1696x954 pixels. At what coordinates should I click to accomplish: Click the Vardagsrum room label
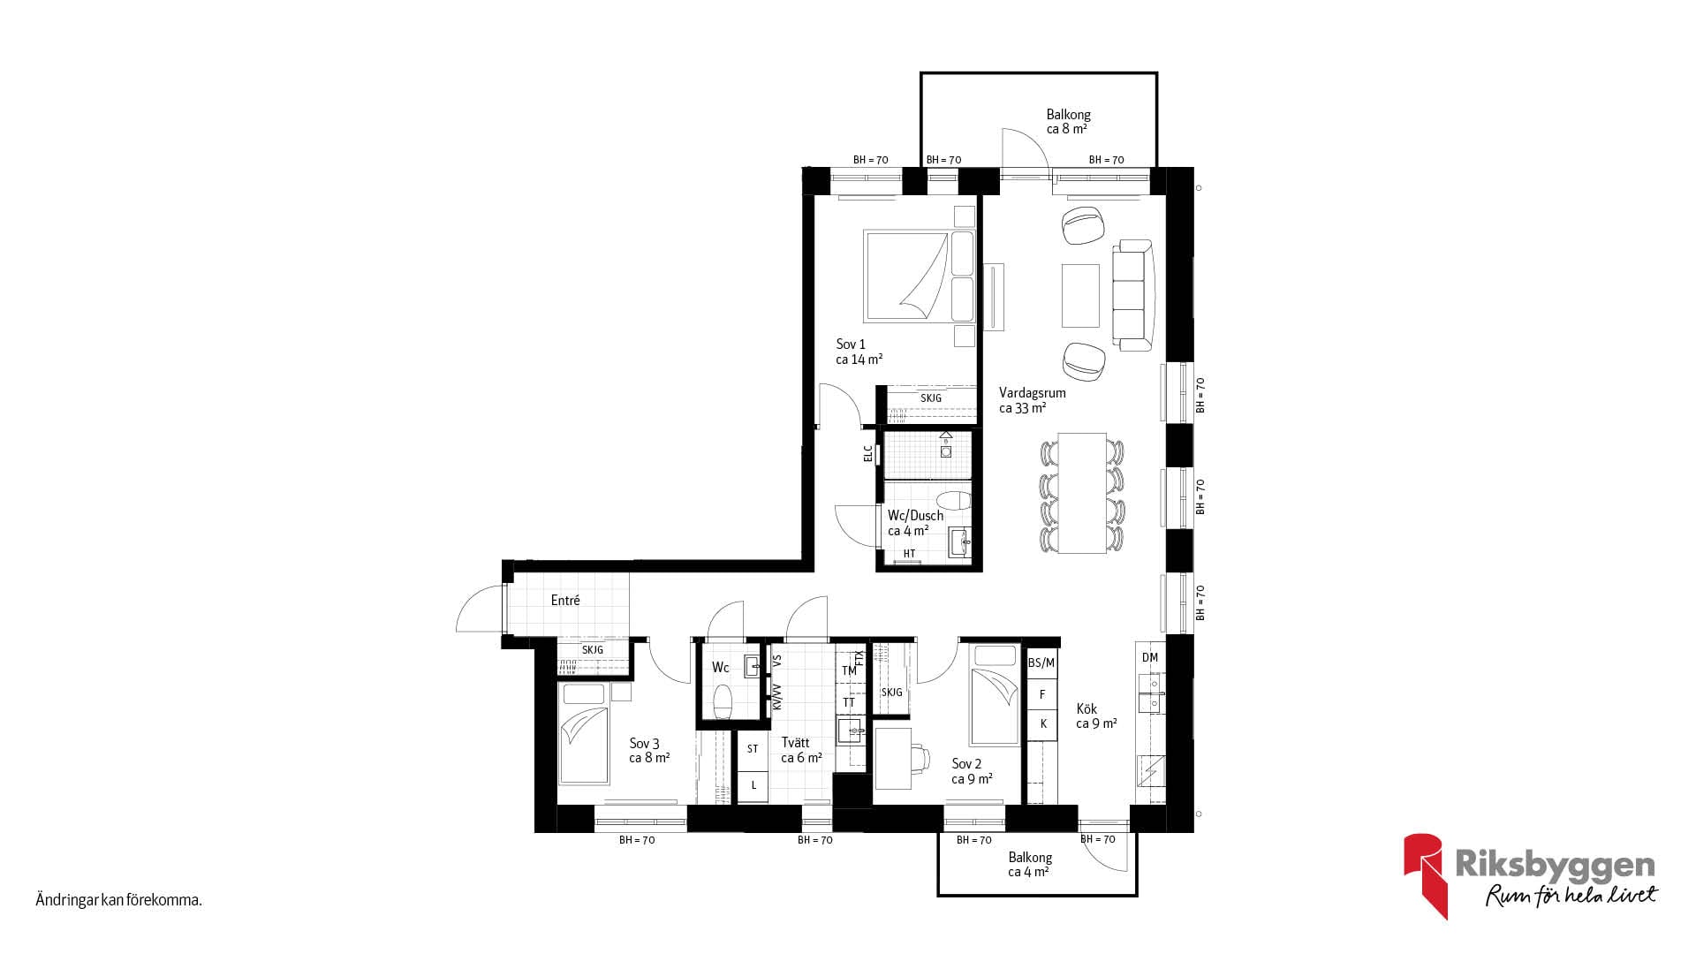pos(1032,400)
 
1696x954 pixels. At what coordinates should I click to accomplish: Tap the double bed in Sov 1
pos(919,276)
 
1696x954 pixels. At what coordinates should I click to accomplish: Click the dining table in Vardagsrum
pos(1082,493)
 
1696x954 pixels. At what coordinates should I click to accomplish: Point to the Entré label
pos(565,601)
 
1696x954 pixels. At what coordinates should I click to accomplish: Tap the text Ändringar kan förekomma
pos(119,901)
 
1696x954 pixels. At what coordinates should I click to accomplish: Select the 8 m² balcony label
pos(1068,121)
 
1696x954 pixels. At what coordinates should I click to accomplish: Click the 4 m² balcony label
pos(1030,865)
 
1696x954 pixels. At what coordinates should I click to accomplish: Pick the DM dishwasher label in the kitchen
pos(1149,657)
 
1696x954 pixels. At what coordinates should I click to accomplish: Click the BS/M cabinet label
pos(1041,662)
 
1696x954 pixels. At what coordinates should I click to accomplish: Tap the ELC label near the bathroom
pos(868,453)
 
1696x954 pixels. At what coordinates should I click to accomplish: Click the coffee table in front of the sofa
pos(1080,295)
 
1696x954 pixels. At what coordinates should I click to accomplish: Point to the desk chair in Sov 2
pos(919,758)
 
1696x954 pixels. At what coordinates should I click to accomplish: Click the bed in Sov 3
pos(584,733)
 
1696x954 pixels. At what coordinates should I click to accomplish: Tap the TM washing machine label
pos(849,670)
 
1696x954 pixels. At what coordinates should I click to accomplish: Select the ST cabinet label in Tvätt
pos(753,749)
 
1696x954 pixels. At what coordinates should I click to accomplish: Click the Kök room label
pos(1096,715)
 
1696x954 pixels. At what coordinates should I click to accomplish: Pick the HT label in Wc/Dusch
pos(909,554)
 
